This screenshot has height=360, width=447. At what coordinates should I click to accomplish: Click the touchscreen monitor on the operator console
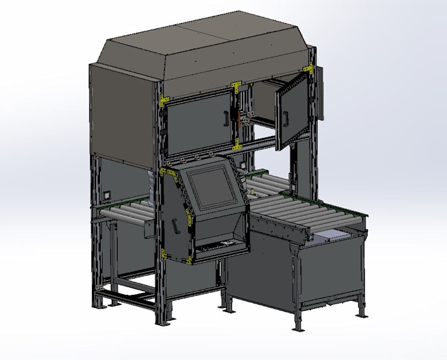point(208,188)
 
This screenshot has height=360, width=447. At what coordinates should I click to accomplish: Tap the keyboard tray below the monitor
point(216,246)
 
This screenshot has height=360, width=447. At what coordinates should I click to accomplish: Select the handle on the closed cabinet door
point(225,118)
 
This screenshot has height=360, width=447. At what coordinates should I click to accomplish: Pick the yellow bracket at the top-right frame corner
point(307,68)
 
